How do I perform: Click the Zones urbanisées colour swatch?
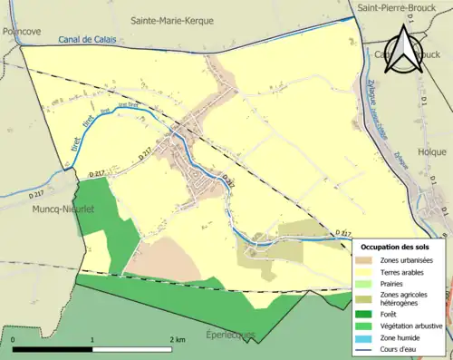point(367,260)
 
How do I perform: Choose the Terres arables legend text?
point(405,271)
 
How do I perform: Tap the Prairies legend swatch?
point(367,283)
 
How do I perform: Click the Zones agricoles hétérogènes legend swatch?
point(367,296)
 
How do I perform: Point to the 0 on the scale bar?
point(14,339)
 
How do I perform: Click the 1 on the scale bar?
point(92,339)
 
